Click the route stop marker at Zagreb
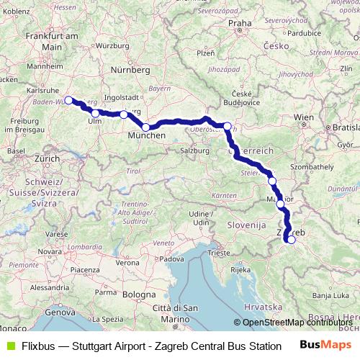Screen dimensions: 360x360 [x=291, y=240]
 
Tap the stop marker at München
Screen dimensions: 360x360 [x=146, y=127]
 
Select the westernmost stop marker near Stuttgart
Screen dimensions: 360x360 [x=68, y=101]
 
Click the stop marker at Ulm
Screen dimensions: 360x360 [x=96, y=114]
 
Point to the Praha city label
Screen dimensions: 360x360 [x=240, y=24]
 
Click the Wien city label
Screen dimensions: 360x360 [x=304, y=117]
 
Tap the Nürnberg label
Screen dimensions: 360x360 [x=130, y=70]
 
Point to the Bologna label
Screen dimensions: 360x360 [x=138, y=294]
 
